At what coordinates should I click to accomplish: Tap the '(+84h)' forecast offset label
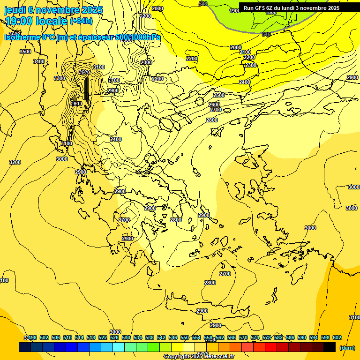pyautogui.click(x=81, y=21)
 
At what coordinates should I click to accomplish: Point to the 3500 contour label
pyautogui.click(x=25, y=52)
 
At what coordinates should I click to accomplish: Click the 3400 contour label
pyautogui.click(x=39, y=61)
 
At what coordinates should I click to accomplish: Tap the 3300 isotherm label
pyautogui.click(x=60, y=78)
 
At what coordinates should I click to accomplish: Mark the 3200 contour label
pyautogui.click(x=15, y=162)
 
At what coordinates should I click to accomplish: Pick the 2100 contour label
pyautogui.click(x=245, y=52)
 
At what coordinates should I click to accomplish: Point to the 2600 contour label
pyautogui.click(x=214, y=105)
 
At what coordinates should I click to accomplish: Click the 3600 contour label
pyautogui.click(x=76, y=104)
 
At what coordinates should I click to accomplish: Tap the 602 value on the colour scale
pyautogui.click(x=337, y=337)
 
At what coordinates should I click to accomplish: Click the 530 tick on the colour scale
pyautogui.click(x=126, y=337)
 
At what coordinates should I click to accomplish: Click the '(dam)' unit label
pyautogui.click(x=347, y=347)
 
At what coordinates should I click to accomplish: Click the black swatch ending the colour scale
pyautogui.click(x=330, y=347)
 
